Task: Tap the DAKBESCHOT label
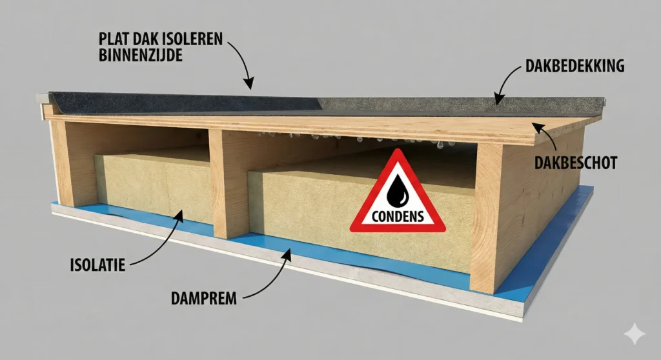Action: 575,163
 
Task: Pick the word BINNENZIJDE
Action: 133,55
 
